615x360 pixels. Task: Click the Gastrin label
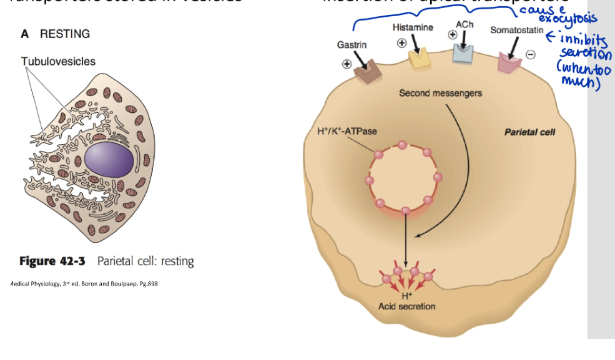coord(352,45)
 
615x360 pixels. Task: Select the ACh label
coord(463,23)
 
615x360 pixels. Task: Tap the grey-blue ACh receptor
coord(463,53)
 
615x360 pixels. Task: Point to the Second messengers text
coord(440,94)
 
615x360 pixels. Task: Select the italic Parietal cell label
coord(529,132)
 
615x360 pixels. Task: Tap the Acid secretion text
coord(407,306)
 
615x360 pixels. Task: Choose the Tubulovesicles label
coord(58,61)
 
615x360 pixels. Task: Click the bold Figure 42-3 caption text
coord(54,261)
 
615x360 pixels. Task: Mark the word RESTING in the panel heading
coord(65,34)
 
